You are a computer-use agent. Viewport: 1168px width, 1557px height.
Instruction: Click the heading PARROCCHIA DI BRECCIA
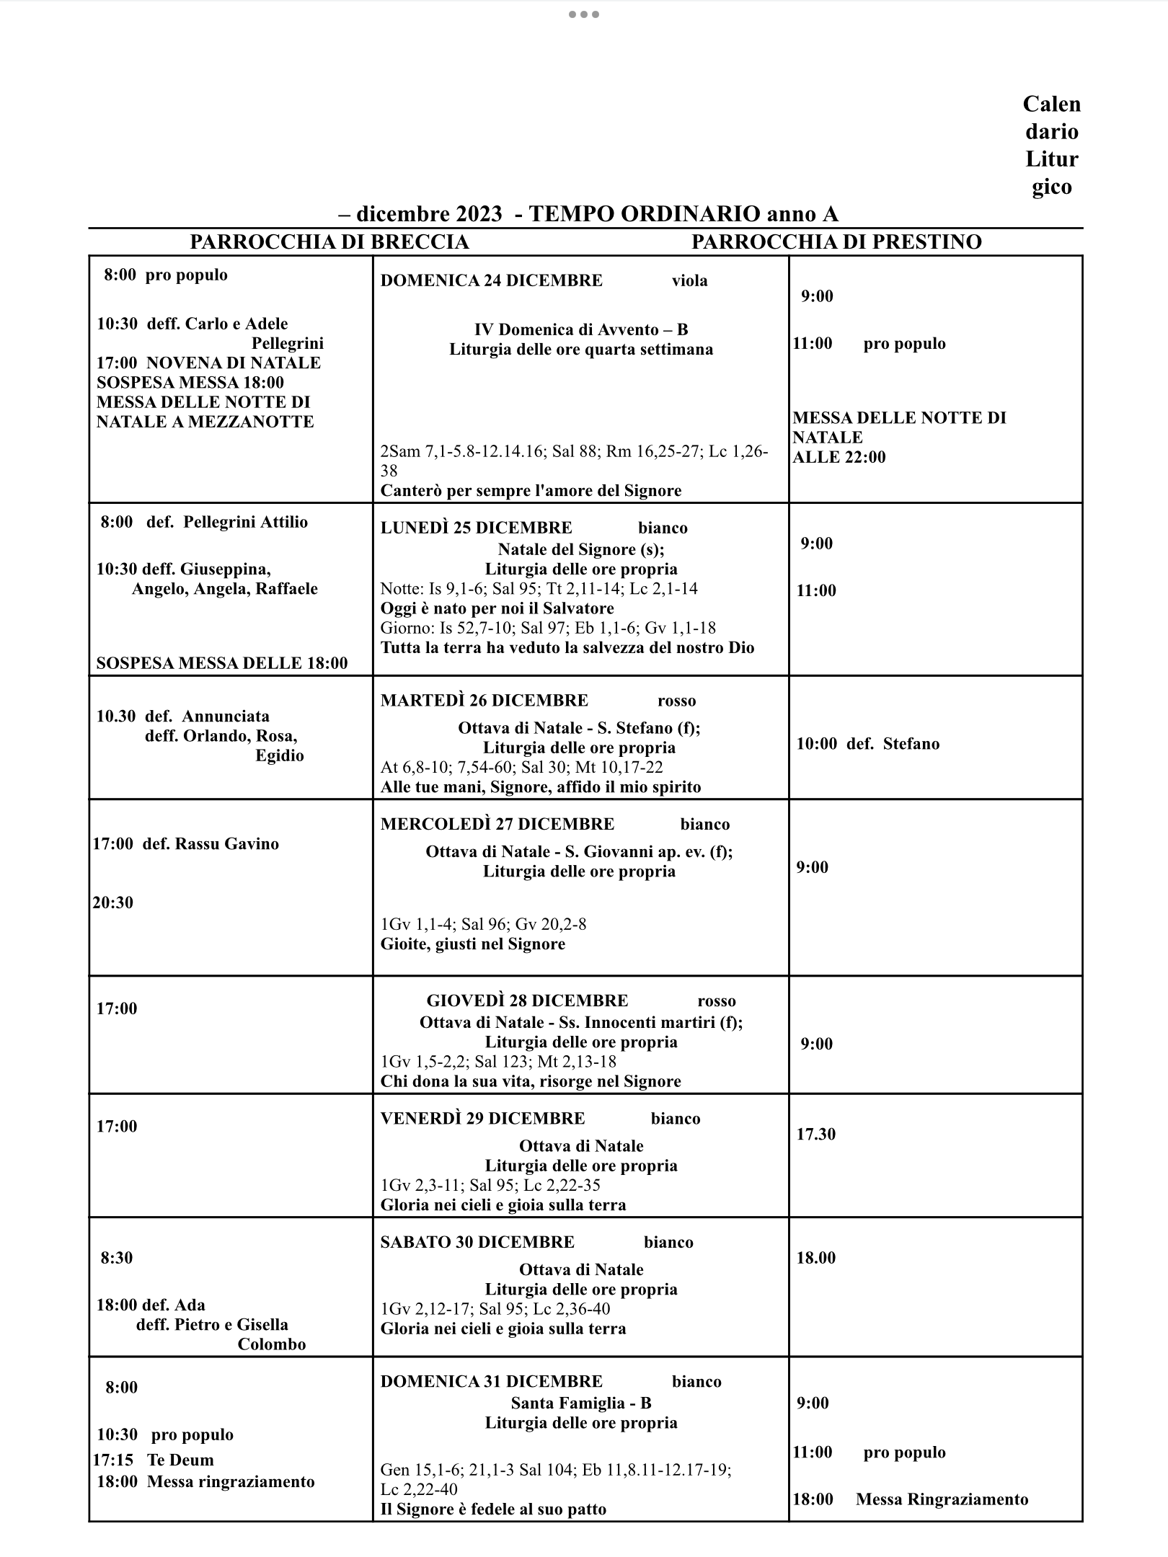(x=329, y=242)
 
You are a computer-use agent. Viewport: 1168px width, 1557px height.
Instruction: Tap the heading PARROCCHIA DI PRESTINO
(x=836, y=242)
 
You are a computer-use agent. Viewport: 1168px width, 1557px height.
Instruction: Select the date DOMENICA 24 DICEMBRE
(x=491, y=280)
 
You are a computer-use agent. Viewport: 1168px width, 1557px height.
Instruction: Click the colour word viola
(x=689, y=281)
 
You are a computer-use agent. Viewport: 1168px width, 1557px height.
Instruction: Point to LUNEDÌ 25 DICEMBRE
(x=476, y=528)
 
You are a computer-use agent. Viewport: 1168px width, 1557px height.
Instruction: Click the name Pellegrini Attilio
(x=245, y=522)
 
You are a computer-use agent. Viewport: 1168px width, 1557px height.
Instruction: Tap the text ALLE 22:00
(x=839, y=457)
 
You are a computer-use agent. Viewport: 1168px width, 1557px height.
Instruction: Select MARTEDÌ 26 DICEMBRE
(x=484, y=701)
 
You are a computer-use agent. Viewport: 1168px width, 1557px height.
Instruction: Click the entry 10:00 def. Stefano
(x=867, y=744)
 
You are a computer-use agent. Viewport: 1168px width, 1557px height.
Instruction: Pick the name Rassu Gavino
(x=226, y=843)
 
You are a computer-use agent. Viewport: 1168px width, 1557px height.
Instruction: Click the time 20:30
(x=112, y=902)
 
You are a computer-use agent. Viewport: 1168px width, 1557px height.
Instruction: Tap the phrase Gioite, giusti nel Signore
(x=472, y=944)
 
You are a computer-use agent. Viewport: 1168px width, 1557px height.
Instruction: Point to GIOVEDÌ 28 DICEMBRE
(x=527, y=1001)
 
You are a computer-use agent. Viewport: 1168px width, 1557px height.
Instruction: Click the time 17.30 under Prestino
(x=815, y=1134)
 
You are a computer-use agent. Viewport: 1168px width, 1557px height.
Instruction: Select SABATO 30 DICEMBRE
(x=477, y=1242)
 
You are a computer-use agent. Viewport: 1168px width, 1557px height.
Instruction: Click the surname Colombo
(x=272, y=1344)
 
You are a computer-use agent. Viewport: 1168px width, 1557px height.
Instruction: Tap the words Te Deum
(x=180, y=1460)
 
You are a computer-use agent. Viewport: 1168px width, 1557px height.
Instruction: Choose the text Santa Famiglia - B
(x=580, y=1403)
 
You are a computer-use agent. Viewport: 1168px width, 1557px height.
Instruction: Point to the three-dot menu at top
(x=583, y=14)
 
